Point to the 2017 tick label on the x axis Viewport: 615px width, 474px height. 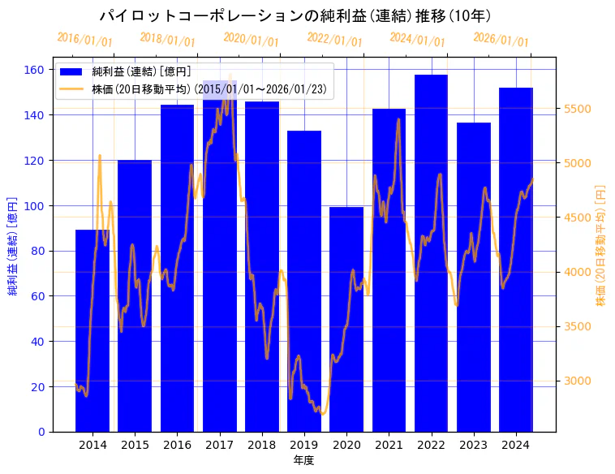219,444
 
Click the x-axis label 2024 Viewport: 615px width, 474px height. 516,444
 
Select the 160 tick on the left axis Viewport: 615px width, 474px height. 35,70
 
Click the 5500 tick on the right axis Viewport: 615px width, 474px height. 577,110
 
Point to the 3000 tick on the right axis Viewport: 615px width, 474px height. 577,381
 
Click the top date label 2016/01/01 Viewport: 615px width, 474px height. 84,39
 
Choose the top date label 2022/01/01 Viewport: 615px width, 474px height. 334,39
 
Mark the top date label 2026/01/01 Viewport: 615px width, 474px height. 501,39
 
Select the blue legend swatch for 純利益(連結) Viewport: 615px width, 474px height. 71,71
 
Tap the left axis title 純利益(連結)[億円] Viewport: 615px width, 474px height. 13,245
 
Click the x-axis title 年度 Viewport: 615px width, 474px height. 303,460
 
